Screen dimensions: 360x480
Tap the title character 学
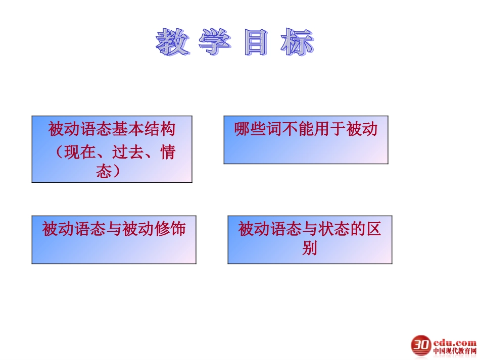coord(214,42)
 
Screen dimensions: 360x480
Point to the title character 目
coord(256,42)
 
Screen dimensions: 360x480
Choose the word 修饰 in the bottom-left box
coord(171,229)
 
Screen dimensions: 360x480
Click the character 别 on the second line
coord(310,248)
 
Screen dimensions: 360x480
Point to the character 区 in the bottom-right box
coord(374,229)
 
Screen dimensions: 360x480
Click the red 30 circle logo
coord(420,345)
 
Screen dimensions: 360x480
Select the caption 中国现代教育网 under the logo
coord(454,351)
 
